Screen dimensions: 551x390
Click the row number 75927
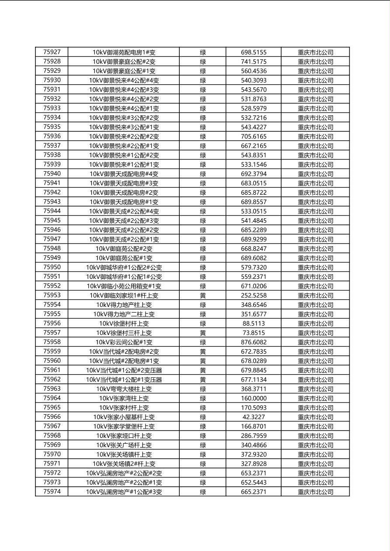[52, 52]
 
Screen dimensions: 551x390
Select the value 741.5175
[254, 62]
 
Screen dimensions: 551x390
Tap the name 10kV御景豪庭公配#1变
[124, 71]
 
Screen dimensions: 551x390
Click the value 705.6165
[254, 136]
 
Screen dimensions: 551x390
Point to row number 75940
[52, 174]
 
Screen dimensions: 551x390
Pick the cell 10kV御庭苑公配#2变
[124, 248]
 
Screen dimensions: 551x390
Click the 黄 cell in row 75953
[203, 295]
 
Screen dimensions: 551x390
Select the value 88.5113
[254, 324]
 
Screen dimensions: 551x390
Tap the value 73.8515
[254, 333]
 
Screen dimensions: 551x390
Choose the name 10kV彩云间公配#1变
[124, 342]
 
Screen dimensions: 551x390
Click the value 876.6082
[254, 342]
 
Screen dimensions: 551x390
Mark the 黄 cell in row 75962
[203, 379]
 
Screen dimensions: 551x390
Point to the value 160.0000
[254, 398]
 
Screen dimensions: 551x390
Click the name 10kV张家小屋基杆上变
[124, 417]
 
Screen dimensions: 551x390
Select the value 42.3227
[254, 417]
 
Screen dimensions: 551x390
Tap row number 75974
[52, 492]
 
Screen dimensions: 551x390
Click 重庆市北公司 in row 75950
[315, 267]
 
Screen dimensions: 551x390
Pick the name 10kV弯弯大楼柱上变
[124, 389]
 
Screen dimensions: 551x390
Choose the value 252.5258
[254, 295]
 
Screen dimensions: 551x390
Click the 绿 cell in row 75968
[203, 436]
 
